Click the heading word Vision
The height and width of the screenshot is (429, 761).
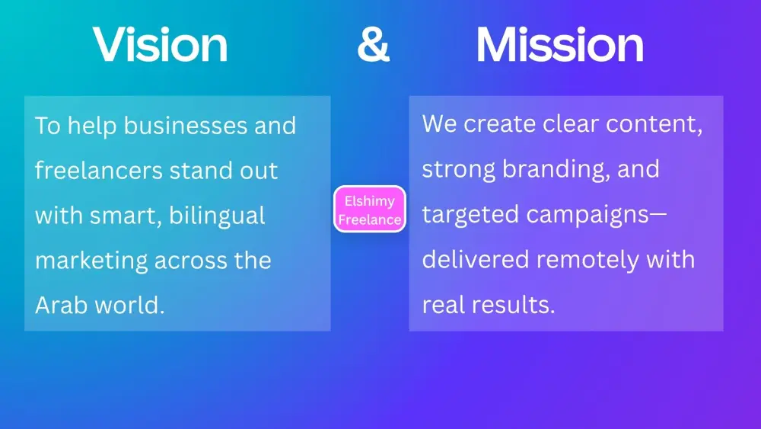[160, 44]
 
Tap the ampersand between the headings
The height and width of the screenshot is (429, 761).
[373, 44]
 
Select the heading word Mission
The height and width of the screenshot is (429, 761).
[559, 44]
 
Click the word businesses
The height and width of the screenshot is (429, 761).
[186, 126]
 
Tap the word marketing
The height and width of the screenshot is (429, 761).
[91, 261]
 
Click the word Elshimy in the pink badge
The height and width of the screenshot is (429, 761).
[370, 201]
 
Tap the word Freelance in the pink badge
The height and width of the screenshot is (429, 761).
[370, 219]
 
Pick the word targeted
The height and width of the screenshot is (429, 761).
[470, 215]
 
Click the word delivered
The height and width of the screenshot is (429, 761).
[475, 259]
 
